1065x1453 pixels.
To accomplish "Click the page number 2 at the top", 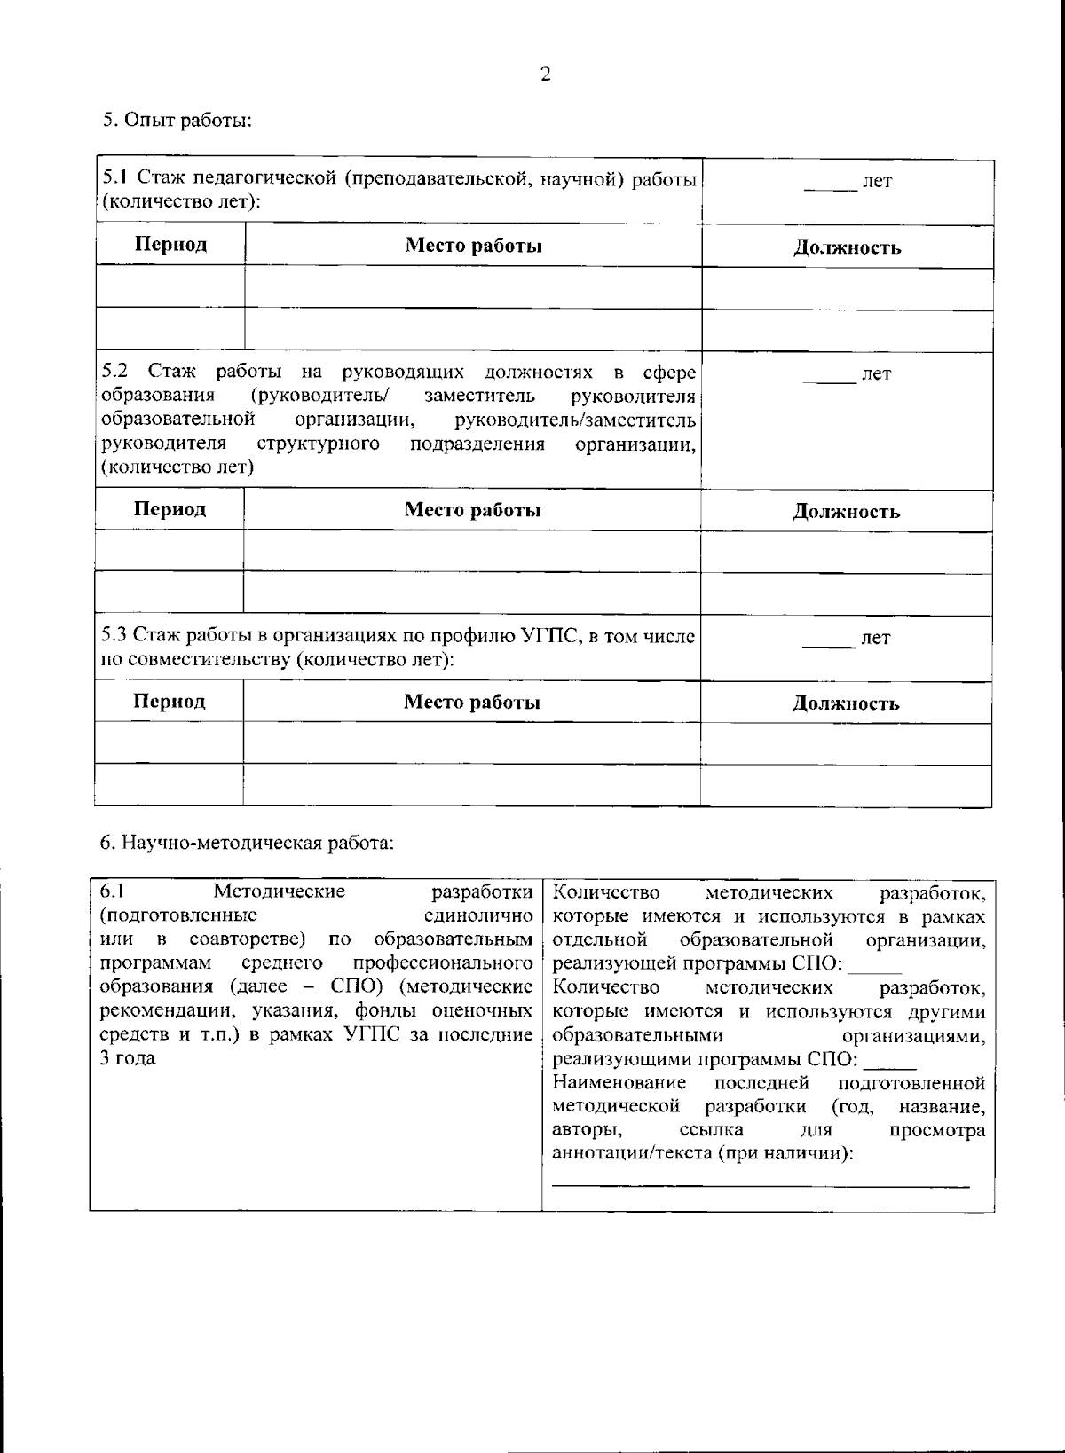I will coord(545,75).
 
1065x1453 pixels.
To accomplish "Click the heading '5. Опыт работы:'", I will coord(177,121).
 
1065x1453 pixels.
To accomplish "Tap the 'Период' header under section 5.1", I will coord(170,245).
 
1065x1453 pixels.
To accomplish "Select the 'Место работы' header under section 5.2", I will coord(473,510).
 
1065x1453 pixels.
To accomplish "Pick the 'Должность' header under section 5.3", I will coord(846,704).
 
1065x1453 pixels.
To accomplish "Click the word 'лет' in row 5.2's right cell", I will coord(877,374).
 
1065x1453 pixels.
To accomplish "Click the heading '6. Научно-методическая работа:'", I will coord(246,843).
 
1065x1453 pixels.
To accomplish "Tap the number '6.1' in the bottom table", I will coord(113,891).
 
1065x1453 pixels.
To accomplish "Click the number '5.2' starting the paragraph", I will coord(115,371).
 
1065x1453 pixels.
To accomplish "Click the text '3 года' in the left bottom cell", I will coord(128,1058).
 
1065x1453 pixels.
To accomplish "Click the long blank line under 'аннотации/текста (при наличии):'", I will coord(761,1184).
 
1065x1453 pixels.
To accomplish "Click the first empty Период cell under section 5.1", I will coord(170,288).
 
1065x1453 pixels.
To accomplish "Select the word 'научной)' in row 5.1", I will coord(580,179).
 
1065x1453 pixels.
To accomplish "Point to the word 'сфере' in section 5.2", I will coord(669,371).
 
